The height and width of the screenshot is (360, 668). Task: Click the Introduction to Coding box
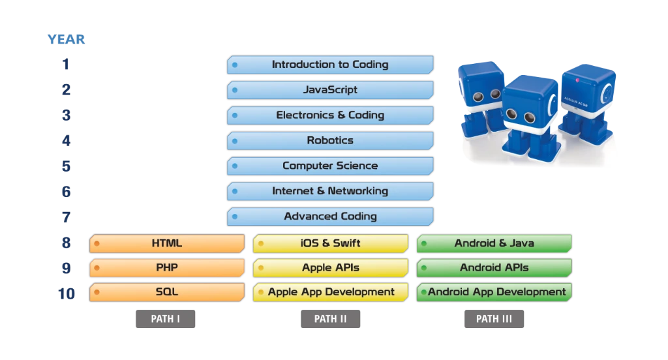pyautogui.click(x=330, y=65)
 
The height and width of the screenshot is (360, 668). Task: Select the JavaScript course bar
pyautogui.click(x=330, y=90)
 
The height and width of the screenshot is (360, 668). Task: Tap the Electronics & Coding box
pyautogui.click(x=330, y=115)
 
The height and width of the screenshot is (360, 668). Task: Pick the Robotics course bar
pyautogui.click(x=330, y=141)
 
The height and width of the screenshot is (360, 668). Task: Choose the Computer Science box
pyautogui.click(x=330, y=166)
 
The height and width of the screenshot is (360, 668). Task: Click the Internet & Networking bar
pyautogui.click(x=330, y=191)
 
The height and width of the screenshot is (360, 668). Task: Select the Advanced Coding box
pyautogui.click(x=330, y=217)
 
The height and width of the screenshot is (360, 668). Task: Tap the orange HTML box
pyautogui.click(x=167, y=244)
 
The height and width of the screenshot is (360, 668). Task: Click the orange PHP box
pyautogui.click(x=167, y=268)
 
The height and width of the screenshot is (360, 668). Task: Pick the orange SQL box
pyautogui.click(x=167, y=292)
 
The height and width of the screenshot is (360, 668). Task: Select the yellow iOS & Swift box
pyautogui.click(x=330, y=244)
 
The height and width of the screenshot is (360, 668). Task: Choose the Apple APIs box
pyautogui.click(x=330, y=268)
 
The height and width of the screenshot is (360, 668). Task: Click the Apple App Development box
pyautogui.click(x=330, y=292)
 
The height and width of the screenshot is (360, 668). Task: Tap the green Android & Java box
pyautogui.click(x=494, y=244)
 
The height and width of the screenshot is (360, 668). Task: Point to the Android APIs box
pyautogui.click(x=494, y=268)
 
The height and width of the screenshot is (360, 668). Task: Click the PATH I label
pyautogui.click(x=164, y=319)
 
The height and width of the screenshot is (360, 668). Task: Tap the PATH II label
pyautogui.click(x=331, y=319)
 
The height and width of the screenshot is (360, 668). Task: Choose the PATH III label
pyautogui.click(x=496, y=319)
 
